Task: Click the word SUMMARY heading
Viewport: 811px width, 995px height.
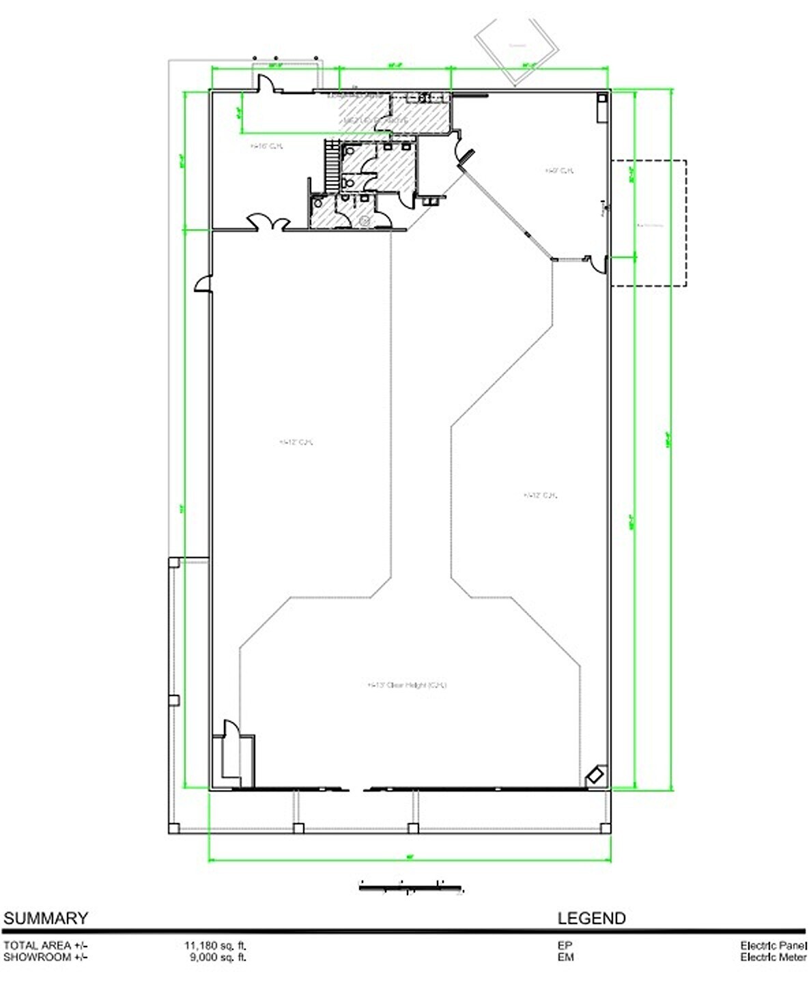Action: click(x=46, y=918)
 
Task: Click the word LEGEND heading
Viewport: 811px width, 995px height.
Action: click(x=591, y=918)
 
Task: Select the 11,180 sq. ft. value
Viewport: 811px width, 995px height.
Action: click(x=215, y=946)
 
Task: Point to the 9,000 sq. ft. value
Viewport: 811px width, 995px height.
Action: click(x=218, y=957)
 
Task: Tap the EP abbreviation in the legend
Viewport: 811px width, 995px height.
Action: click(x=565, y=946)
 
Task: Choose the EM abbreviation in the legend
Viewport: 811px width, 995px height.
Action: click(x=565, y=957)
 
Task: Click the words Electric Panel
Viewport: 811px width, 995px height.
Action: click(x=773, y=946)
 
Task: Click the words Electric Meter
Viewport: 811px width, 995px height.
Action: click(x=773, y=957)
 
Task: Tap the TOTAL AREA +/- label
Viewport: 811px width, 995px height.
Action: click(x=45, y=946)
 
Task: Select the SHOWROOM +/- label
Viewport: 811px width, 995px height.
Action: click(x=45, y=957)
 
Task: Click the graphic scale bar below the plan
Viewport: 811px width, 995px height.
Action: click(x=411, y=886)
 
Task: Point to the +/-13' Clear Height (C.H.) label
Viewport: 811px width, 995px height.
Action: click(x=407, y=685)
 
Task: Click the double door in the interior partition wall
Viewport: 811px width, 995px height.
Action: click(x=268, y=223)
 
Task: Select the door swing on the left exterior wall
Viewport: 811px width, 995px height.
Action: click(x=203, y=283)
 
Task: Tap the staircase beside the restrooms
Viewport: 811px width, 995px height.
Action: click(x=332, y=167)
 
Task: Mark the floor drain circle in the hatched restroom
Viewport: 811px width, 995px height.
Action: click(x=365, y=220)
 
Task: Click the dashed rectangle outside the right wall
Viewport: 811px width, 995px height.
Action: click(x=649, y=223)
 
